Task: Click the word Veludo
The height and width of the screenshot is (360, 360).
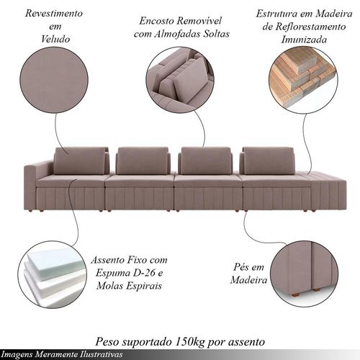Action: pos(55,39)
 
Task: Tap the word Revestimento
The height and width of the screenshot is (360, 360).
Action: pos(54,13)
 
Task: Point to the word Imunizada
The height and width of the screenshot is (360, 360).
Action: pos(304,40)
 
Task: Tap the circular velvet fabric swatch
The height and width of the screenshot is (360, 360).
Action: pos(54,80)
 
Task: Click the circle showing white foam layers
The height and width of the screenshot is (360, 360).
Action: pos(52,274)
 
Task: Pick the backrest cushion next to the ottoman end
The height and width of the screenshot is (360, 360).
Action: pos(269,161)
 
